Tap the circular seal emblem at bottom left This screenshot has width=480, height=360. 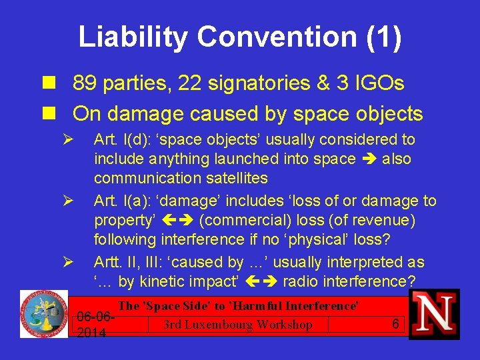point(43,313)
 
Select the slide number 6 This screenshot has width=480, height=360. point(395,324)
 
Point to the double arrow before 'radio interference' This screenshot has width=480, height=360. point(261,282)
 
